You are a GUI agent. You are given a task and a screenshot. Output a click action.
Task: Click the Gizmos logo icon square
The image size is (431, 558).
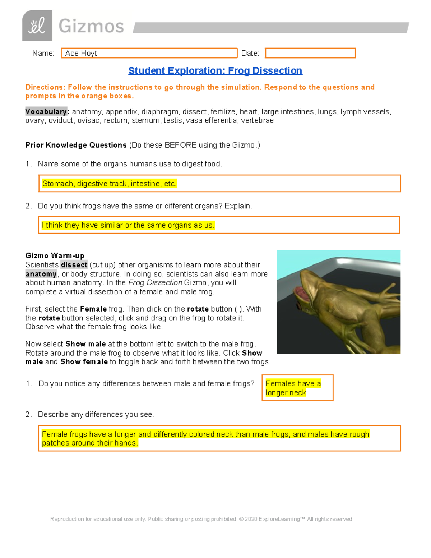point(37,26)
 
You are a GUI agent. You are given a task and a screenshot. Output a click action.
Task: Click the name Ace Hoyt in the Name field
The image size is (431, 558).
point(81,53)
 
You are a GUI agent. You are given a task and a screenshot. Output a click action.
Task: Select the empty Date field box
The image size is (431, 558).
point(310,53)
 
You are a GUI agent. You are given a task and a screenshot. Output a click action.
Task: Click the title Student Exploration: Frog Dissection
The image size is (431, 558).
point(215,71)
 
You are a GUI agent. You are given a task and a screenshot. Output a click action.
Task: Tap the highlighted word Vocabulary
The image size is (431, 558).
point(46,111)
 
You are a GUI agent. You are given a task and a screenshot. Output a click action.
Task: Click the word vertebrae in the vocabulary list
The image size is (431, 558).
point(257,120)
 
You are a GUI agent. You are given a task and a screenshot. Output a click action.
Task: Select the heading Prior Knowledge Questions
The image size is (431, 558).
point(76,145)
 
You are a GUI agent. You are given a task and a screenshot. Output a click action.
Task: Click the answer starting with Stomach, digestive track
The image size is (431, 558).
point(109,184)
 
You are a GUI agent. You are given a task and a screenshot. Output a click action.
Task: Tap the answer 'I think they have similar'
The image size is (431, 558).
point(128,225)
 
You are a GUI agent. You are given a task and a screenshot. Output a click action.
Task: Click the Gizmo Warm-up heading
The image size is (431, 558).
point(55,255)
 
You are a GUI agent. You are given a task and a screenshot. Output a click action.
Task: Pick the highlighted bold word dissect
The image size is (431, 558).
point(74,265)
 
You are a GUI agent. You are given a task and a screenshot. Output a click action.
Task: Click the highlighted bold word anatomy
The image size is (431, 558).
point(41,274)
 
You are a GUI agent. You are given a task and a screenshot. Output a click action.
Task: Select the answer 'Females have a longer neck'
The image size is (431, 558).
point(293,388)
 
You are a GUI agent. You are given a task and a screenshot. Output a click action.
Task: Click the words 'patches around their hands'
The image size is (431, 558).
point(90,443)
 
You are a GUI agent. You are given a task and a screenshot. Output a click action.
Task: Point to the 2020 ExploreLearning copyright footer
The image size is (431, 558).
point(201,519)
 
